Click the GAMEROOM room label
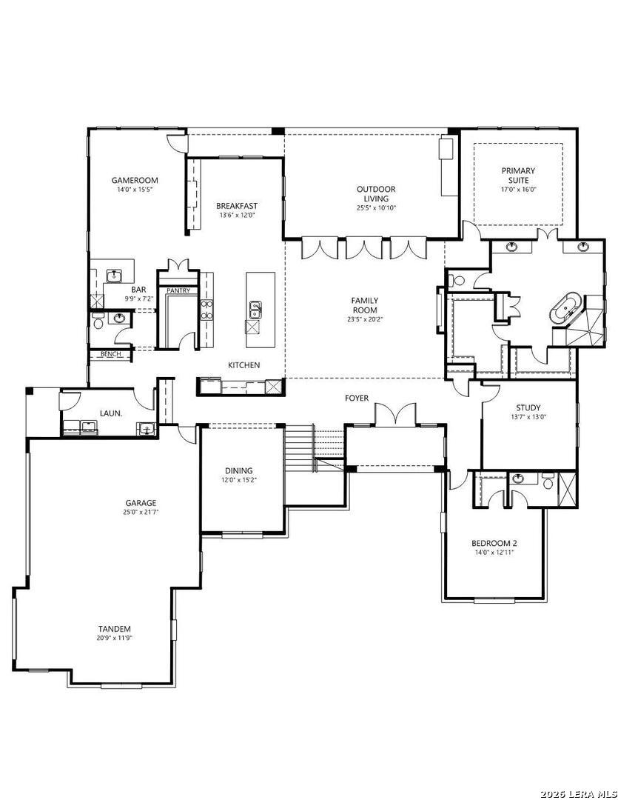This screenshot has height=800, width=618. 135,180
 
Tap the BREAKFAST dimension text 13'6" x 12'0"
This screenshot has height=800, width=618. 237,216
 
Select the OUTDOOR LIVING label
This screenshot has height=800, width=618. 376,194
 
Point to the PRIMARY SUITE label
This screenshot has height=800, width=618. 518,176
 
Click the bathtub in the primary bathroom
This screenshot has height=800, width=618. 565,308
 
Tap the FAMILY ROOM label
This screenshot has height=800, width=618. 365,305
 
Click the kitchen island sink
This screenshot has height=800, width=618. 255,309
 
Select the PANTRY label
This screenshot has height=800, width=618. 178,291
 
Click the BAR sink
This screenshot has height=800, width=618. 114,276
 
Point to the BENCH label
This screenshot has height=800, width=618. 111,354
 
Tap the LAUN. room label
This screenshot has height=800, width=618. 111,413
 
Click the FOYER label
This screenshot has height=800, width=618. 357,398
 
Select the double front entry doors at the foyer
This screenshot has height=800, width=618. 395,414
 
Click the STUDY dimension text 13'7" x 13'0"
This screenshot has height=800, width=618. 528,416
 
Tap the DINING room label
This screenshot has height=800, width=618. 238,470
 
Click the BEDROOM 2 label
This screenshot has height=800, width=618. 494,544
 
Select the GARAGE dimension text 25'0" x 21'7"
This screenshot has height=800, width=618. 141,512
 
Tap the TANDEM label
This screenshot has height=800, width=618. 115,629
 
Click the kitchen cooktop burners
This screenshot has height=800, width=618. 206,310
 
